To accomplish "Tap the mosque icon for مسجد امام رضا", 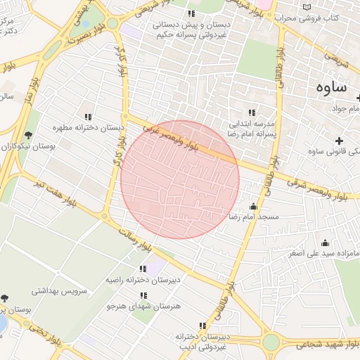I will point(253,207).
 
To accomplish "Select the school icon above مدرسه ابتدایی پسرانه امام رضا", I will point(251,112).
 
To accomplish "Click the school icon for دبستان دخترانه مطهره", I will point(88,117).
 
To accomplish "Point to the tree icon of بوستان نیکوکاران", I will point(28,134).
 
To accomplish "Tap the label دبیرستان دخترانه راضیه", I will point(143,279).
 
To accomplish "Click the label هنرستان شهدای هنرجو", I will point(143,306).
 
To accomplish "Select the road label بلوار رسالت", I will point(135,239).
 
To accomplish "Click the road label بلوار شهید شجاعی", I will point(324,345).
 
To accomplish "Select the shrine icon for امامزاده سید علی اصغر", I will point(324,243).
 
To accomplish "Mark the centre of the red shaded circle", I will point(180,179).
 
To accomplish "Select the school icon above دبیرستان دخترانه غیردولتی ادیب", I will point(202,326).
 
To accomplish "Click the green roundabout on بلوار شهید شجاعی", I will point(271,342).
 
